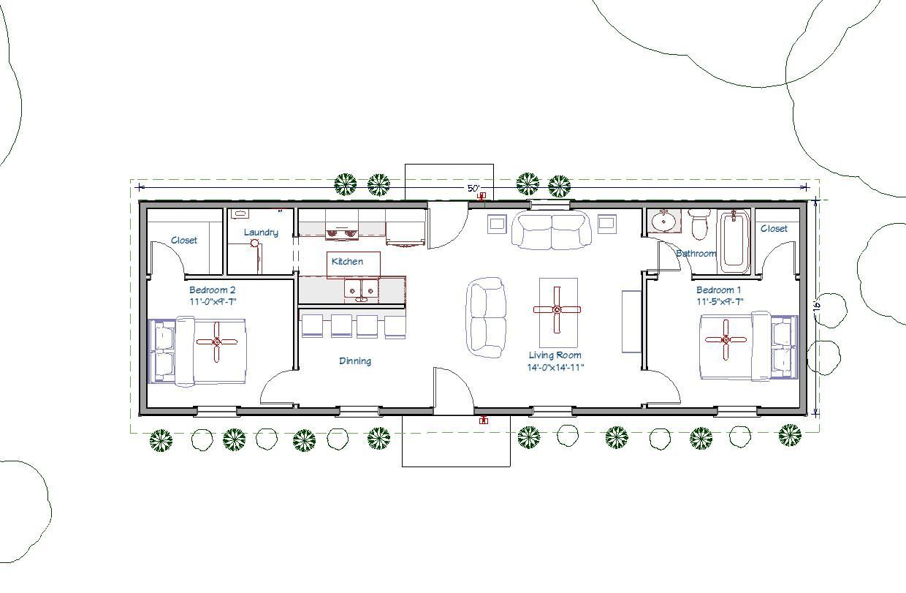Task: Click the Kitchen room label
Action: tap(347, 261)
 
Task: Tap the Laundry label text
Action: tap(261, 233)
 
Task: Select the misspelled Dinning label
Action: tap(355, 360)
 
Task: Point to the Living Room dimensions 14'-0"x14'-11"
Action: tap(556, 368)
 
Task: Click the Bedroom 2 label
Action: tap(211, 290)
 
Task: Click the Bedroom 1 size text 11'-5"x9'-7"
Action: tap(720, 301)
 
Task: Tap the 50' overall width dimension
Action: tap(473, 189)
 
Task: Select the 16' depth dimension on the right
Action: tap(818, 303)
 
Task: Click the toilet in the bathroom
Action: tap(700, 225)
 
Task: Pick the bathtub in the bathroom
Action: tap(733, 240)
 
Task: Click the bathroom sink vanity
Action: tap(664, 221)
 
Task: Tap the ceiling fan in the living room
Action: tap(557, 309)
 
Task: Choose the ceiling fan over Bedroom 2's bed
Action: tap(217, 341)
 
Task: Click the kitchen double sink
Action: tap(362, 290)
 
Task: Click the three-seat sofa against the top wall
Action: tap(552, 230)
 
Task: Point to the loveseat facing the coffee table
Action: tap(487, 317)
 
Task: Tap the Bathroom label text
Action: tap(696, 254)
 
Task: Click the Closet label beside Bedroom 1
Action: tap(774, 228)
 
